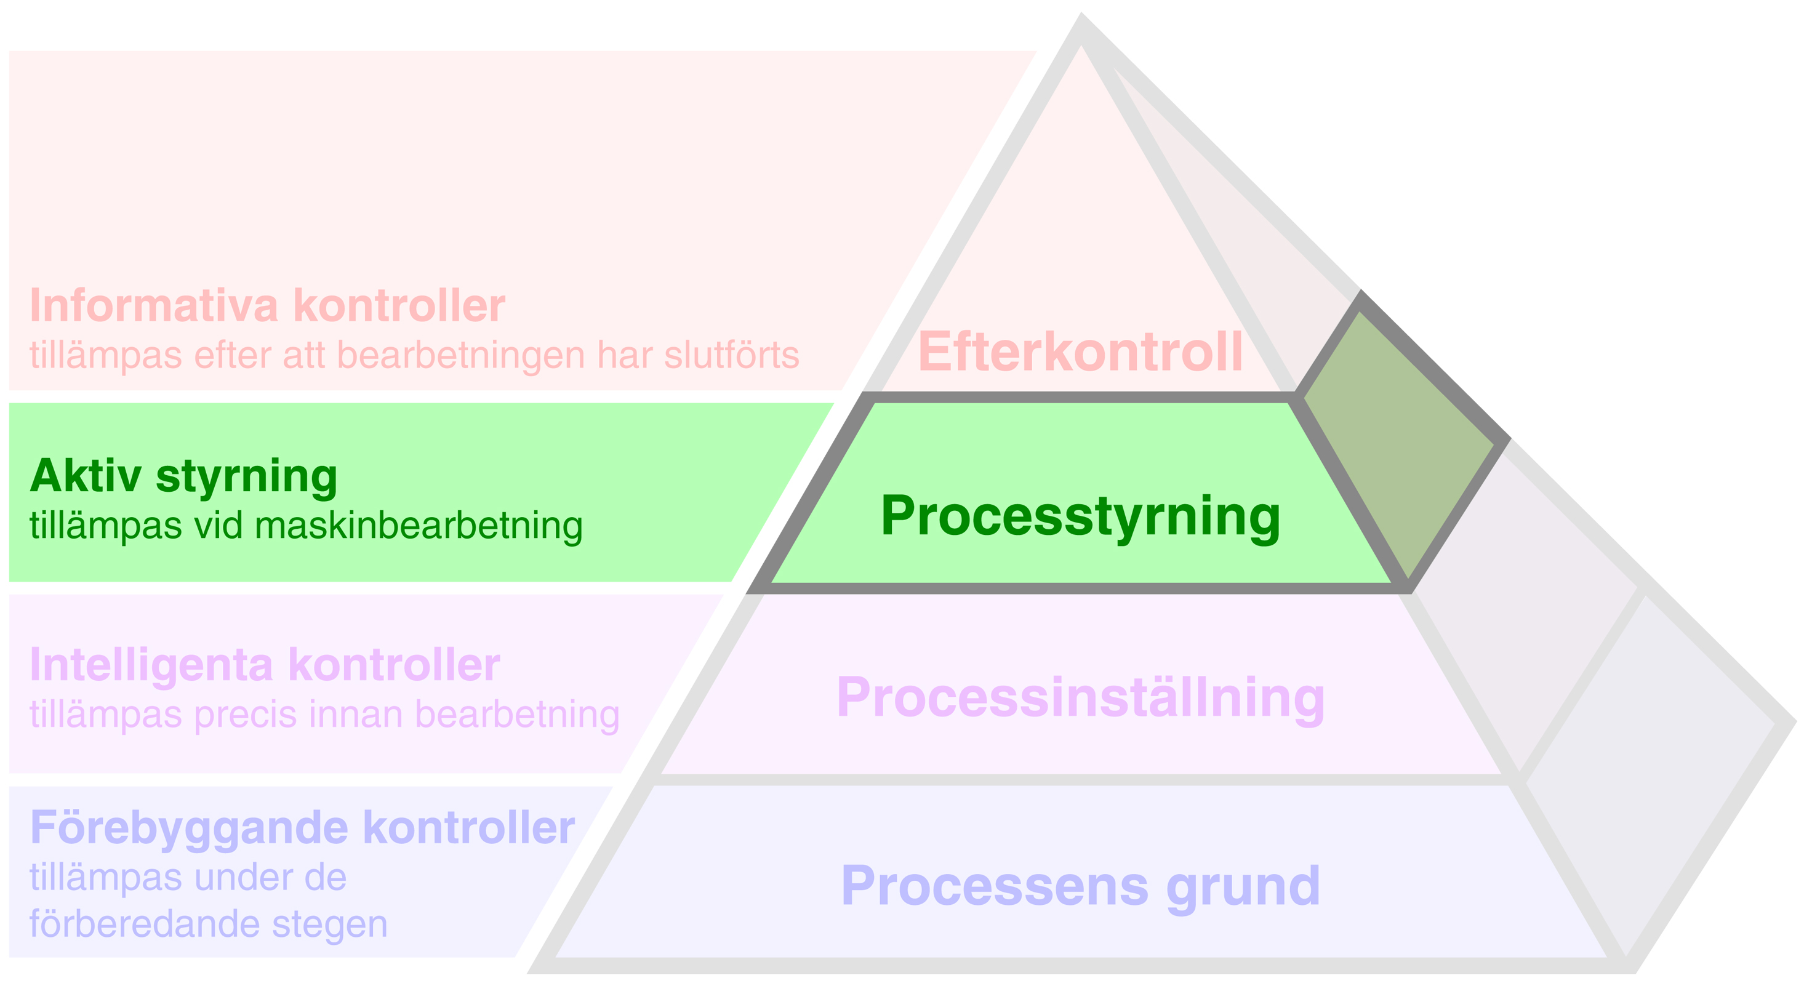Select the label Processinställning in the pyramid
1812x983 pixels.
tap(1080, 697)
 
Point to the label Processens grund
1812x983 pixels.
tap(1080, 886)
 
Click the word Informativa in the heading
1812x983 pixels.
tap(154, 306)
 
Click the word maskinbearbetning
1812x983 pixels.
tap(419, 526)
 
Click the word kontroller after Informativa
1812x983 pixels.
tap(399, 306)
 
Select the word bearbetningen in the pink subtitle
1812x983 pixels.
tap(461, 355)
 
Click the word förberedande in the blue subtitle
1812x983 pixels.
tap(145, 924)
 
